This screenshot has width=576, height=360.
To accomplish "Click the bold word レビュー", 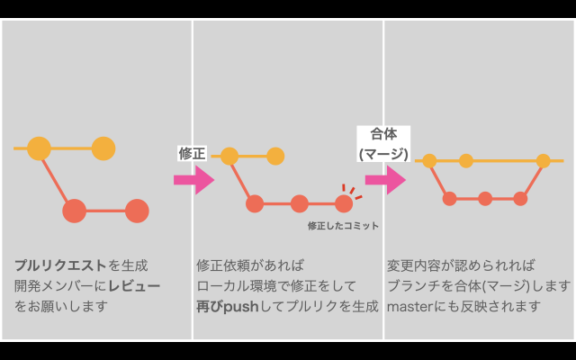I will pyautogui.click(x=134, y=286).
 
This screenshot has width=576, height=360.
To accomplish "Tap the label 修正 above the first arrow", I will pyautogui.click(x=193, y=153).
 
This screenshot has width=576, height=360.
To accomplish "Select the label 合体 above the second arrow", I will pyautogui.click(x=383, y=134).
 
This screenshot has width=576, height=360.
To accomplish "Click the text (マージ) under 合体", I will pyautogui.click(x=383, y=154).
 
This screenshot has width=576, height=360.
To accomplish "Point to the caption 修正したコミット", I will pyautogui.click(x=343, y=225).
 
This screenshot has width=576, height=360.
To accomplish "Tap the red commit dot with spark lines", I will pyautogui.click(x=344, y=202).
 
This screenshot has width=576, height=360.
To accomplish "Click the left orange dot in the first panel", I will pyautogui.click(x=39, y=148).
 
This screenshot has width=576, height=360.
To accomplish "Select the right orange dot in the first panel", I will pyautogui.click(x=103, y=148).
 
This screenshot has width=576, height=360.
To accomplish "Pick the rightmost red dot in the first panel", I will pyautogui.click(x=136, y=211).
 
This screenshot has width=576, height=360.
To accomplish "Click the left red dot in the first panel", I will pyautogui.click(x=74, y=211).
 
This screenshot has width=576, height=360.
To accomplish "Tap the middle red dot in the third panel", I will pyautogui.click(x=485, y=198).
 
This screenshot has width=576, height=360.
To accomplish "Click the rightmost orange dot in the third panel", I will pyautogui.click(x=543, y=161).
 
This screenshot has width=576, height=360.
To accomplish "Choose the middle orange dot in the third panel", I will pyautogui.click(x=465, y=161).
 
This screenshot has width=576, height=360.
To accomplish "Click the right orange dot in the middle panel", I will pyautogui.click(x=275, y=157).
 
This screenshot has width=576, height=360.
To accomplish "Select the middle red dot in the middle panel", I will pyautogui.click(x=300, y=203).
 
